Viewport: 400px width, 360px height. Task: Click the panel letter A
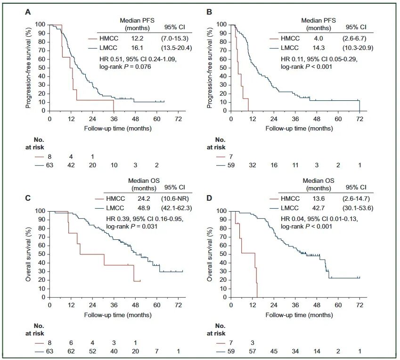coord(28,12)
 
